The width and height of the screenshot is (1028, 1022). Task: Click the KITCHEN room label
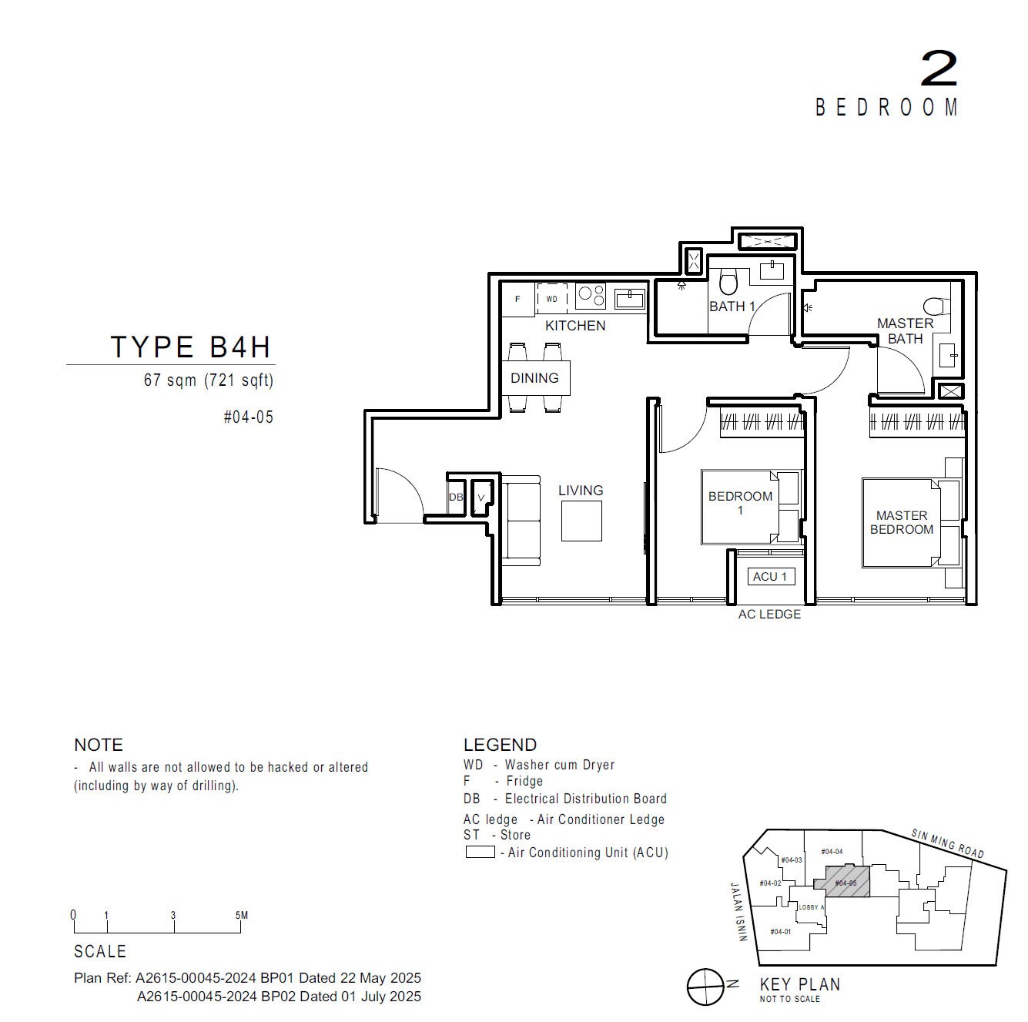575,326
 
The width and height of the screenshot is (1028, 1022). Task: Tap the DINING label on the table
534,378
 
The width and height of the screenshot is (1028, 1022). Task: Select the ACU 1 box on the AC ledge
770,576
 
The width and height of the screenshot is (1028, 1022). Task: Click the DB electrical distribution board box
456,498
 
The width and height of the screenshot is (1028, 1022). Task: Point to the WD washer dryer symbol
552,299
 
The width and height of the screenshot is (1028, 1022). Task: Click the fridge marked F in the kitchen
518,300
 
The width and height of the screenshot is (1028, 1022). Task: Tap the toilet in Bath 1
728,282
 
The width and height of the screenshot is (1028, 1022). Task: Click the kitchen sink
630,299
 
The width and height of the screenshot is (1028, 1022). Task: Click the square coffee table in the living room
581,521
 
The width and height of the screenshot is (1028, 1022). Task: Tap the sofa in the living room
521,521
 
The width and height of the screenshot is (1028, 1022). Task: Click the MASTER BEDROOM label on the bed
902,522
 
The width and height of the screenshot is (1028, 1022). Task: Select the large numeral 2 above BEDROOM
939,69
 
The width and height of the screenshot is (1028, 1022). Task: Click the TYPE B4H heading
191,347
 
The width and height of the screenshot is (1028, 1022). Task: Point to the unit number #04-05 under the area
248,417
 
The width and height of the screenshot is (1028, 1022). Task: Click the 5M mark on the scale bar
241,916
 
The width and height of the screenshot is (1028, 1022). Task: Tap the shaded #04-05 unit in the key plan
846,882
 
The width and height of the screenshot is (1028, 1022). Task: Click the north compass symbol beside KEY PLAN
705,987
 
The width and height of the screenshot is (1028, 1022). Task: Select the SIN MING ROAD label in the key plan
947,843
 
